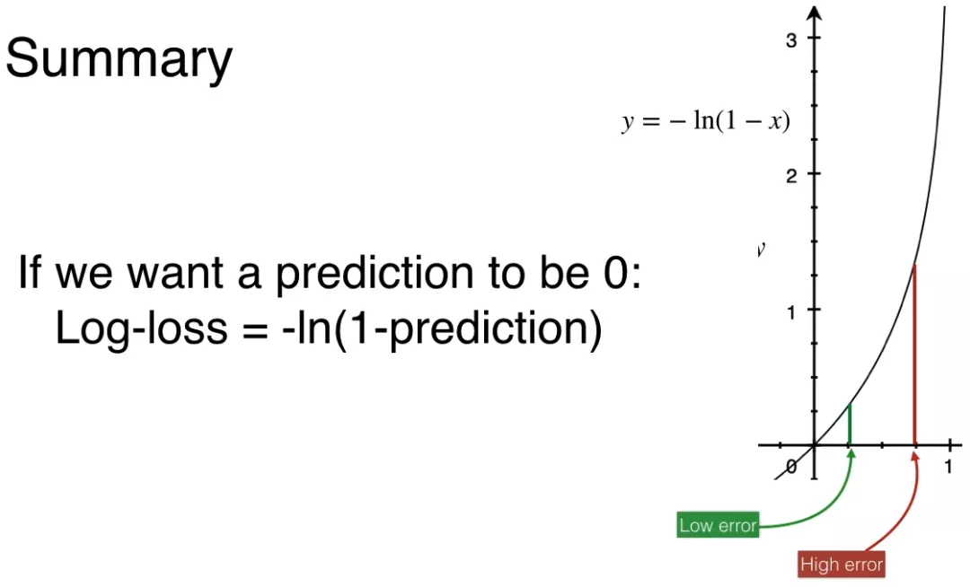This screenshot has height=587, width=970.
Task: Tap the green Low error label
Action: coord(718,525)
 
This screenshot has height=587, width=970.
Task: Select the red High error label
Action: coord(842,565)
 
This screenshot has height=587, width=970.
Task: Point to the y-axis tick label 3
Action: coord(791,40)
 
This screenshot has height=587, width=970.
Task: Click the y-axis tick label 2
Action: coord(791,177)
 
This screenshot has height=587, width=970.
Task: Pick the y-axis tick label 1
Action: coord(791,312)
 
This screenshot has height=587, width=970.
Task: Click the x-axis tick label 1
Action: coord(948,467)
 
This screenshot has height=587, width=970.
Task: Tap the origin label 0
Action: coord(792,467)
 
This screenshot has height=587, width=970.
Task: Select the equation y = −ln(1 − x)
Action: coord(706,120)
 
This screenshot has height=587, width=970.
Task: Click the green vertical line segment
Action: coord(850,424)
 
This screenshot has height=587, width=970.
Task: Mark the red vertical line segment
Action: coord(915,355)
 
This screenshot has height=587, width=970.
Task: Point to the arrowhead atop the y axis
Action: coord(815,13)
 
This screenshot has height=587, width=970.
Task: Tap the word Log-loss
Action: coord(142,329)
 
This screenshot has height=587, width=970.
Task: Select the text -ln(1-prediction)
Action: coord(442,329)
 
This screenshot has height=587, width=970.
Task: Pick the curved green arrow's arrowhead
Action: coord(851,454)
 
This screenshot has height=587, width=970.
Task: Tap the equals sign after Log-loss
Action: coord(253,329)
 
